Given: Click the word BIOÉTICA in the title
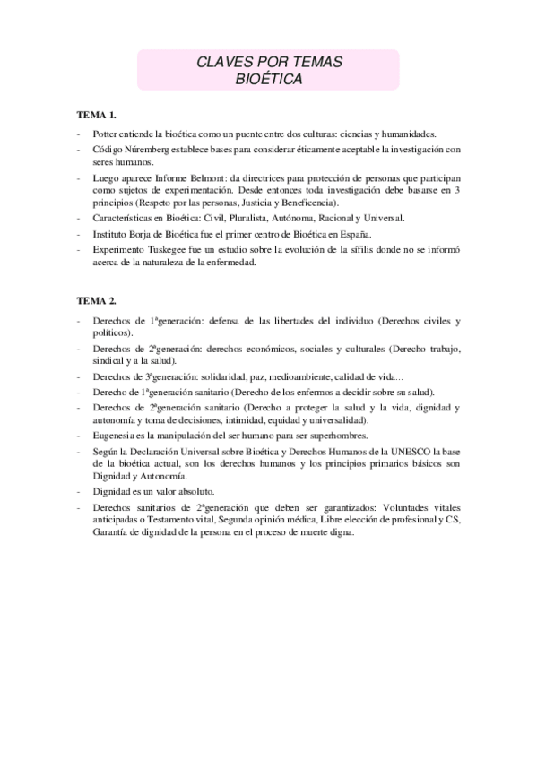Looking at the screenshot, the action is point(268,79).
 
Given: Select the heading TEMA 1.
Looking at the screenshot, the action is point(97,116).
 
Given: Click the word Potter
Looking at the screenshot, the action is point(106,133).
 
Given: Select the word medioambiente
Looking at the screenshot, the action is point(296,378).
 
